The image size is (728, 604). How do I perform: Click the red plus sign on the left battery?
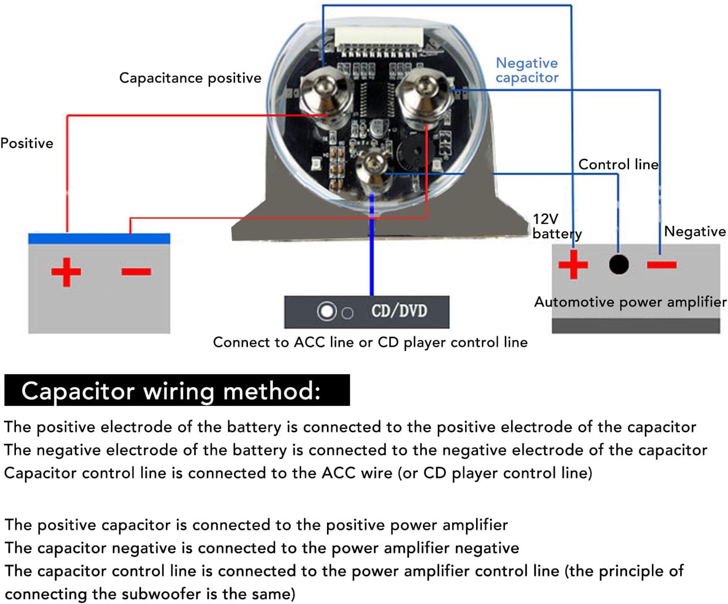click(66, 272)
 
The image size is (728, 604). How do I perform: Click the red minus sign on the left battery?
click(136, 271)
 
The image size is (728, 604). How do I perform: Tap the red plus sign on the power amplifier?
click(573, 264)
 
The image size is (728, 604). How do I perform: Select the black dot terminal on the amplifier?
click(619, 264)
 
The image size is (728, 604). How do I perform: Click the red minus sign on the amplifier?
click(661, 265)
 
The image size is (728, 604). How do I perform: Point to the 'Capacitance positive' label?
click(190, 78)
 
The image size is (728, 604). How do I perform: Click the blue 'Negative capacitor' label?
click(527, 70)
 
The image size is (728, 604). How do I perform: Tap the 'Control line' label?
click(618, 164)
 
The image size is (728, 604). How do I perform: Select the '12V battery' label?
click(557, 226)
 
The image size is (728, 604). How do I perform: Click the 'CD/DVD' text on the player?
click(399, 311)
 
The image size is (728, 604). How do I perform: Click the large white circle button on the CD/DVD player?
click(326, 311)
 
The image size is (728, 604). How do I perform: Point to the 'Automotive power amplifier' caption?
click(631, 302)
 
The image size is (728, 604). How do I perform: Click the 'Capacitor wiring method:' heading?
click(171, 391)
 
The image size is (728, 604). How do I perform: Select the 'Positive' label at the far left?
click(27, 143)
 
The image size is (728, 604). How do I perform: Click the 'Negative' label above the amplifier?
click(695, 231)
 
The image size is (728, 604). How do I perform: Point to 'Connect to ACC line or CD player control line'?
click(370, 342)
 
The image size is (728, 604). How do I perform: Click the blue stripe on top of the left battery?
click(99, 238)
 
